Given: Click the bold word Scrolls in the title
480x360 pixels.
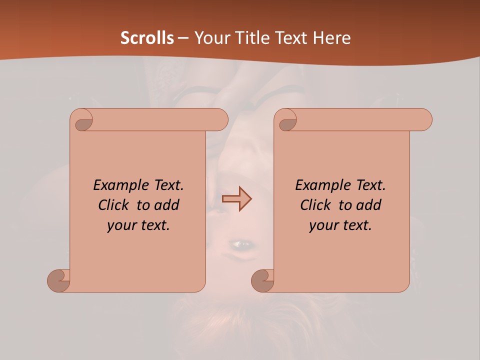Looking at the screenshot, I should (x=147, y=38).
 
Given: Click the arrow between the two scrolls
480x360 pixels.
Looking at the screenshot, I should (x=237, y=199).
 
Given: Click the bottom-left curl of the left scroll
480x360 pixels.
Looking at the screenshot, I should (x=59, y=280).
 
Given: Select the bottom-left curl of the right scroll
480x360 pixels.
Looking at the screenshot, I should (x=263, y=280).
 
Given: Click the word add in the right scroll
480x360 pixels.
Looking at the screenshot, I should (x=368, y=205).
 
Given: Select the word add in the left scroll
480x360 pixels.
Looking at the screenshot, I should (x=166, y=205).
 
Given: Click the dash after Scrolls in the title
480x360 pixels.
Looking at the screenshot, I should (x=183, y=38).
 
